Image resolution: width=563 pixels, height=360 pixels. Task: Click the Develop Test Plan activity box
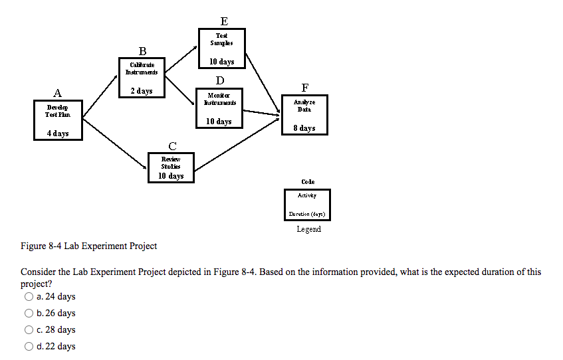(58, 120)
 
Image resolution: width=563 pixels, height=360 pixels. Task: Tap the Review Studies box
(171, 167)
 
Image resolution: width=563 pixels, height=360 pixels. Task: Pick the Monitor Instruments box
(219, 108)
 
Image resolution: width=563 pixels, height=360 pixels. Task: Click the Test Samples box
(222, 48)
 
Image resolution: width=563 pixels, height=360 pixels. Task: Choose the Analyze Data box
(304, 114)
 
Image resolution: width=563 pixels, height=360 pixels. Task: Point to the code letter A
(58, 93)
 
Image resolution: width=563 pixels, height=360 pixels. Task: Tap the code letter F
(304, 87)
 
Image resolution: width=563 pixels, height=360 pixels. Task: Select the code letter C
(172, 145)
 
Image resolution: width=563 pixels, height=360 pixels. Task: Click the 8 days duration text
(304, 128)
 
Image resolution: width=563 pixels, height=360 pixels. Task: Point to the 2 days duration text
(142, 91)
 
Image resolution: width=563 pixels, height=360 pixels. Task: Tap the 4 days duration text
(58, 134)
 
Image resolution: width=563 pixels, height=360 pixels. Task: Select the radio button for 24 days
(29, 297)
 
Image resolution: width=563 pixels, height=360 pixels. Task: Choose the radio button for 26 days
(29, 314)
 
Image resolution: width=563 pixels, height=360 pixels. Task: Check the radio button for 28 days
(29, 330)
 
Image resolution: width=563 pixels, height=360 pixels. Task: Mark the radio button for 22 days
(29, 347)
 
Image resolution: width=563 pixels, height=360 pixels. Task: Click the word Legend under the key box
(308, 229)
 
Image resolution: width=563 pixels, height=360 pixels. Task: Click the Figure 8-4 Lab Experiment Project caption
(89, 246)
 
